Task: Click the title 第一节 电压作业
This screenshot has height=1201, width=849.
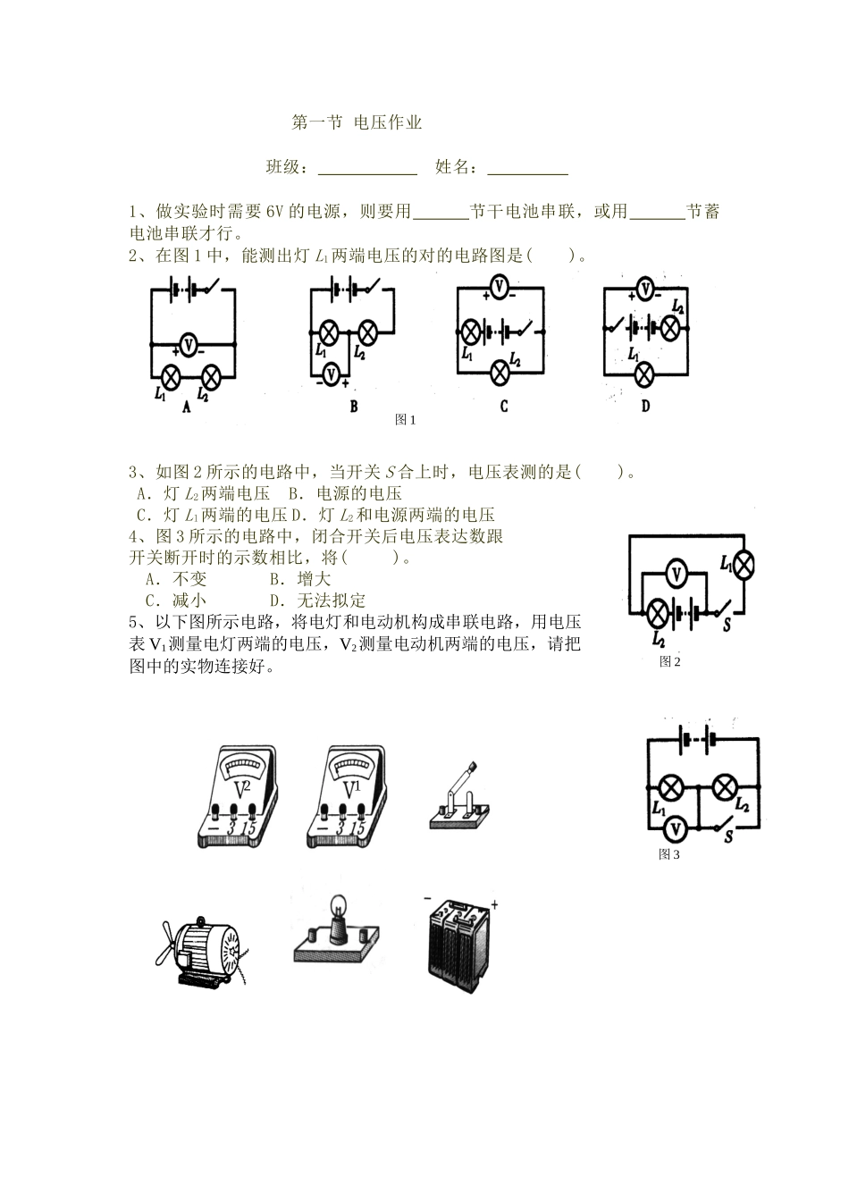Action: point(357,123)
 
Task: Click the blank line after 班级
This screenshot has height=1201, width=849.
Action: point(367,168)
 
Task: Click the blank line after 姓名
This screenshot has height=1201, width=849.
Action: point(527,168)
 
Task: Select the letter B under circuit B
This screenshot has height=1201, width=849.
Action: point(354,406)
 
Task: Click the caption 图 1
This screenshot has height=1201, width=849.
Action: point(406,420)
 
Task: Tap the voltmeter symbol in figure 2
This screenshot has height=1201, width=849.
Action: point(677,573)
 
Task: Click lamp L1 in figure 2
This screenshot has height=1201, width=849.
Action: point(743,564)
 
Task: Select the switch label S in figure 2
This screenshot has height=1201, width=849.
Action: point(727,626)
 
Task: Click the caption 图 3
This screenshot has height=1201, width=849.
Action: point(669,854)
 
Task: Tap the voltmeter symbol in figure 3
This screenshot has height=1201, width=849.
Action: point(677,829)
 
